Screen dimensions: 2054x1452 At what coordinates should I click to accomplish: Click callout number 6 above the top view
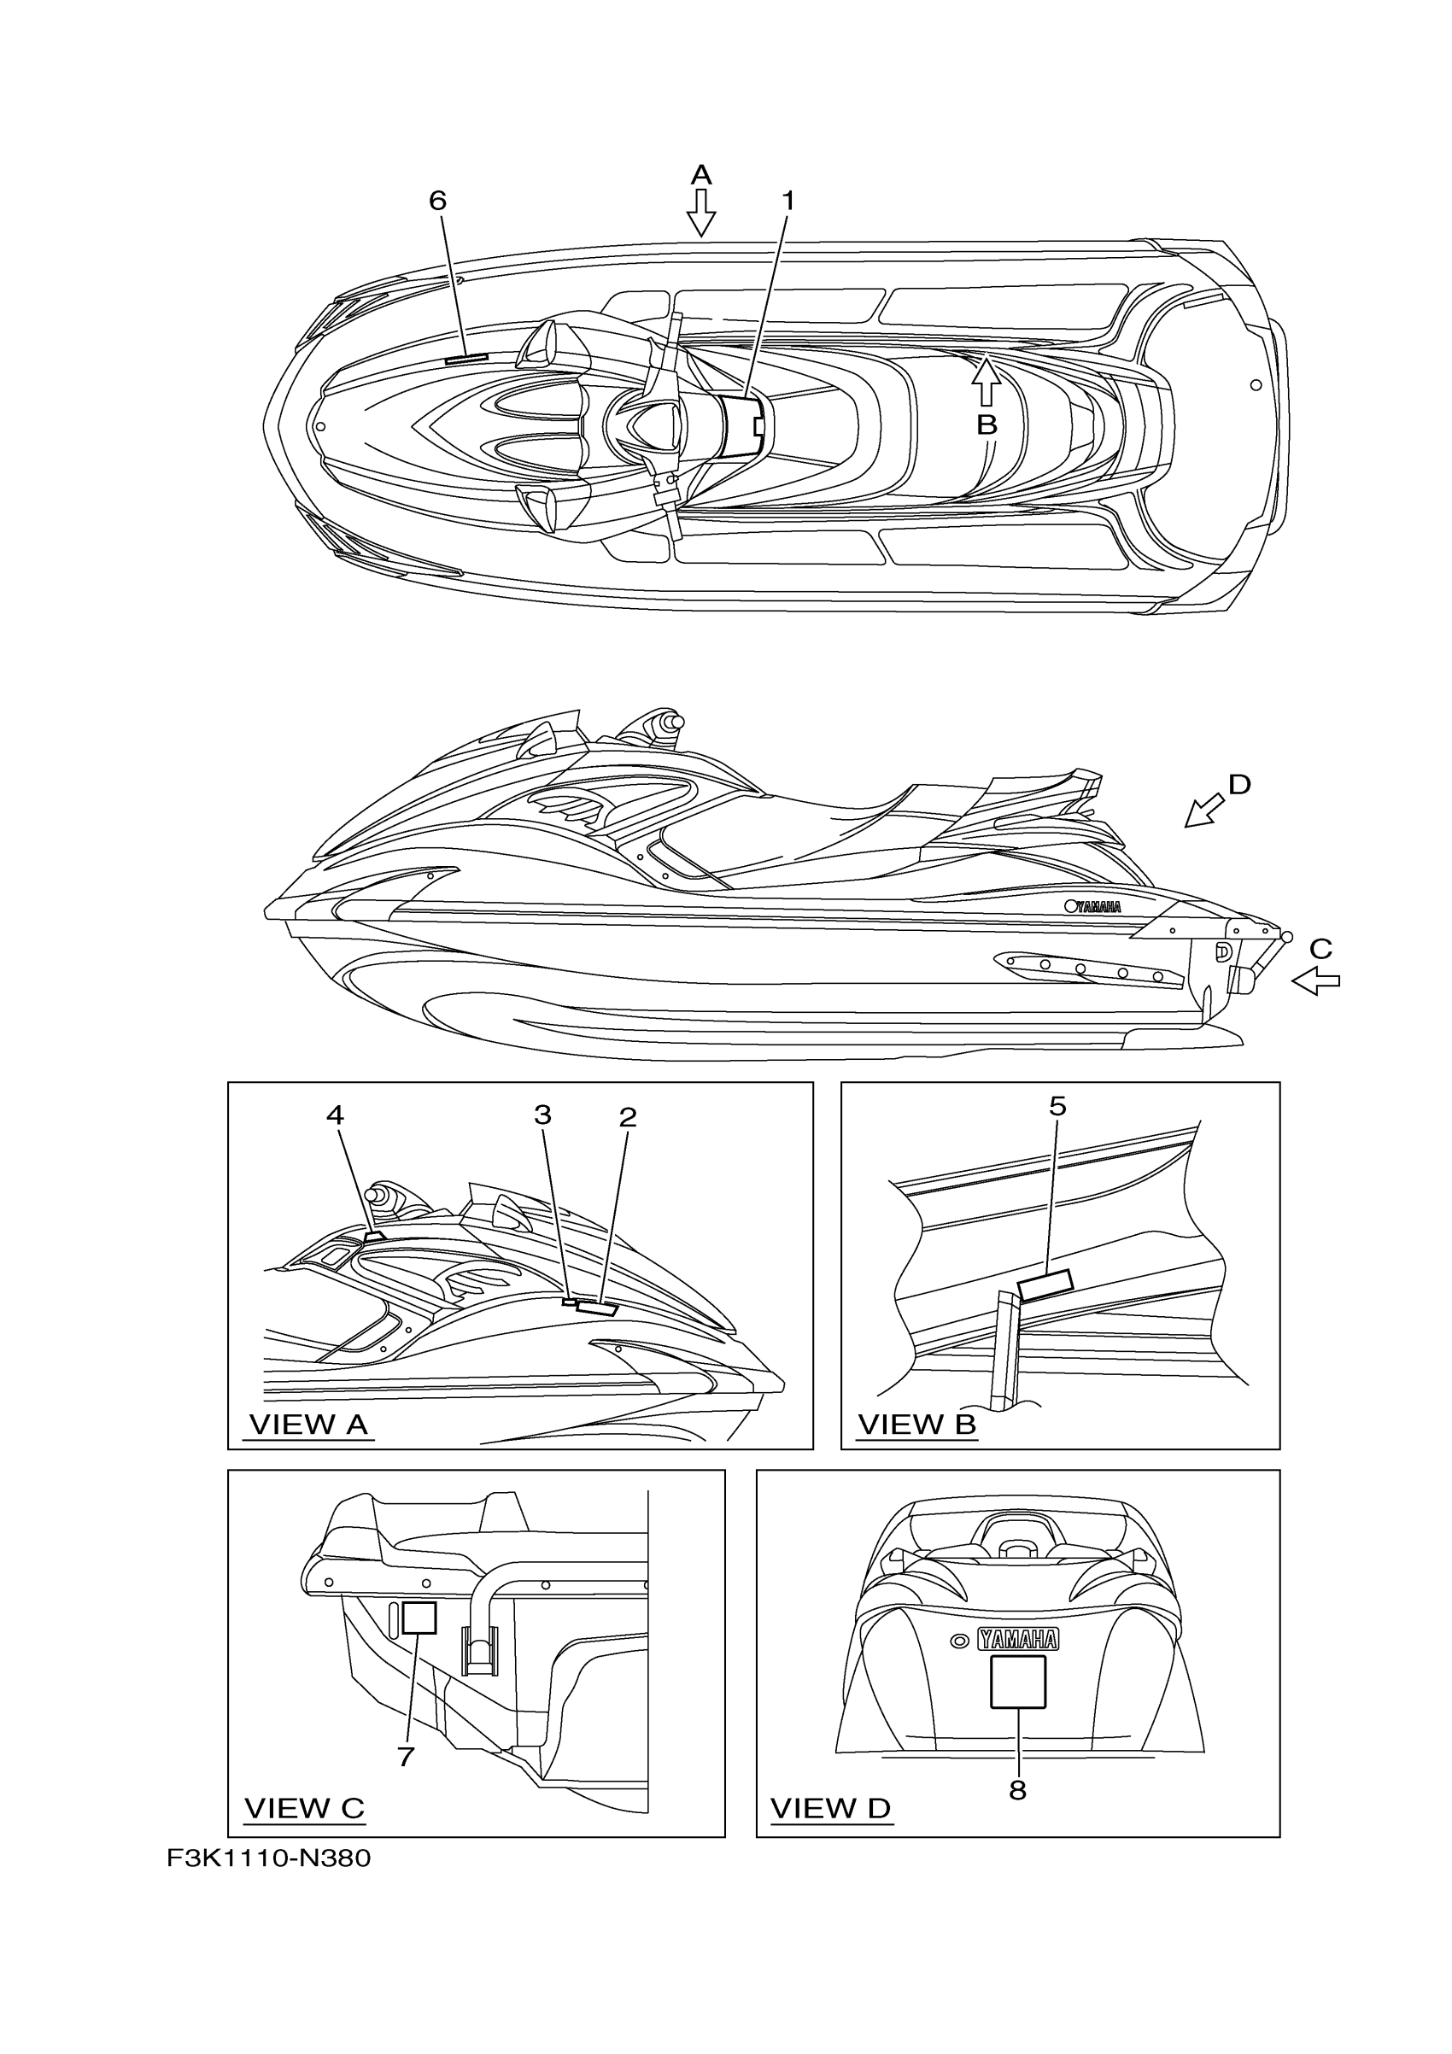point(437,201)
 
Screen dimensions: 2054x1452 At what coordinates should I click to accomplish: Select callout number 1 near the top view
point(787,201)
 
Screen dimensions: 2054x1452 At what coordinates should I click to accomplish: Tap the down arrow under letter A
point(700,214)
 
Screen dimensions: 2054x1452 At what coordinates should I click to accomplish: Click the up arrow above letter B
point(985,381)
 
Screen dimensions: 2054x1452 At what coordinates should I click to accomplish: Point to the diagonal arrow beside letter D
point(1204,810)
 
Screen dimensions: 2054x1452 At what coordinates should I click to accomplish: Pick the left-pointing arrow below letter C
point(1315,982)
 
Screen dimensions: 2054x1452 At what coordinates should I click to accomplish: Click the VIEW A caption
point(308,1425)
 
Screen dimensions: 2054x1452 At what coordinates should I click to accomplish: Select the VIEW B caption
point(916,1425)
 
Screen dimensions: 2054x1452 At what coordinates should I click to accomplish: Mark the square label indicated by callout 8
point(1017,1682)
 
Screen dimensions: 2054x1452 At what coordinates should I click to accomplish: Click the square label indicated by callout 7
point(419,1618)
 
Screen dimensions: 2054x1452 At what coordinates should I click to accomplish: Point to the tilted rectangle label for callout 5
point(1045,1284)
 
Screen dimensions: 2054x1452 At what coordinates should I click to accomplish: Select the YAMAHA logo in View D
point(1017,1639)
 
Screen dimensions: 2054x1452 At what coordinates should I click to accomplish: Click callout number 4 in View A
point(335,1115)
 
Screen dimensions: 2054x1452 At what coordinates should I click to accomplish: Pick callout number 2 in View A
point(627,1116)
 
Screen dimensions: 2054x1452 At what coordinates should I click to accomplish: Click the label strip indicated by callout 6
point(466,357)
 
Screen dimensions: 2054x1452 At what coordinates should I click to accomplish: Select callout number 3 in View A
point(542,1115)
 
